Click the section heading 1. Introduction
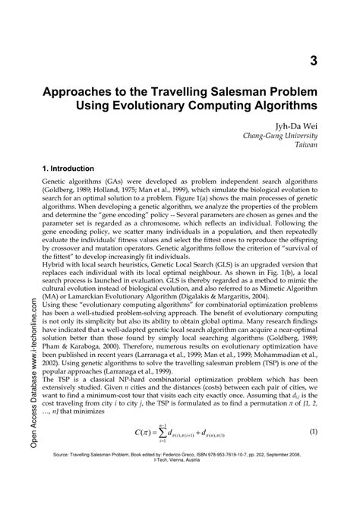[x=70, y=169]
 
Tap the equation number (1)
[x=313, y=453]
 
